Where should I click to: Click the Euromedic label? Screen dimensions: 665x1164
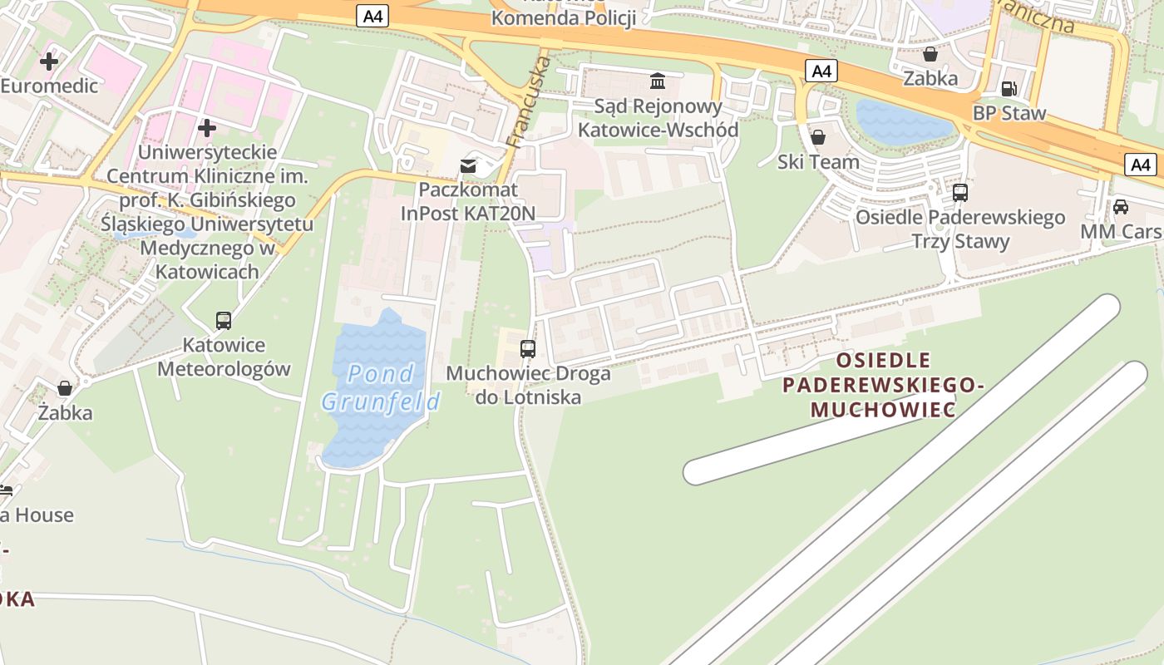click(49, 86)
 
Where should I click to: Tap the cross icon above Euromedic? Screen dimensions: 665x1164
click(49, 61)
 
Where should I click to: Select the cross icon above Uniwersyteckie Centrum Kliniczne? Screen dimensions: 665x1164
click(207, 128)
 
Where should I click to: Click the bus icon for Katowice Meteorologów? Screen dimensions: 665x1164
click(224, 321)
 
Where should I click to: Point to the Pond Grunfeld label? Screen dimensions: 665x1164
click(381, 388)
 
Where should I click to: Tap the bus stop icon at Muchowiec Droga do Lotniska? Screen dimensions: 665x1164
click(528, 349)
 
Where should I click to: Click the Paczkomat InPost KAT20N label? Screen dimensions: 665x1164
click(468, 201)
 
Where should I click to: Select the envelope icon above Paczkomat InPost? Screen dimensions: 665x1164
click(469, 166)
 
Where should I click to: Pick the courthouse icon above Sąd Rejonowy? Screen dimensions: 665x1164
click(658, 81)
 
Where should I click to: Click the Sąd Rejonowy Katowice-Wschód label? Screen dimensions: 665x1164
click(658, 118)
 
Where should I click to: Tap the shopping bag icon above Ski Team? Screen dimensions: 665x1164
click(818, 137)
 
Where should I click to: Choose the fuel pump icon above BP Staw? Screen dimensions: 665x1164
click(1009, 88)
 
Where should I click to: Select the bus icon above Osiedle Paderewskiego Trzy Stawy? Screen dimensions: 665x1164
click(960, 193)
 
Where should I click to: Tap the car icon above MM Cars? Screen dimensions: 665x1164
click(1121, 207)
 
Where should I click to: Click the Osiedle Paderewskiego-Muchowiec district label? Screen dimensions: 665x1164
click(883, 385)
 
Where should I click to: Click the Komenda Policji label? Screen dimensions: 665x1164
click(564, 17)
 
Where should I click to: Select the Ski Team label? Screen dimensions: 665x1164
click(818, 162)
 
